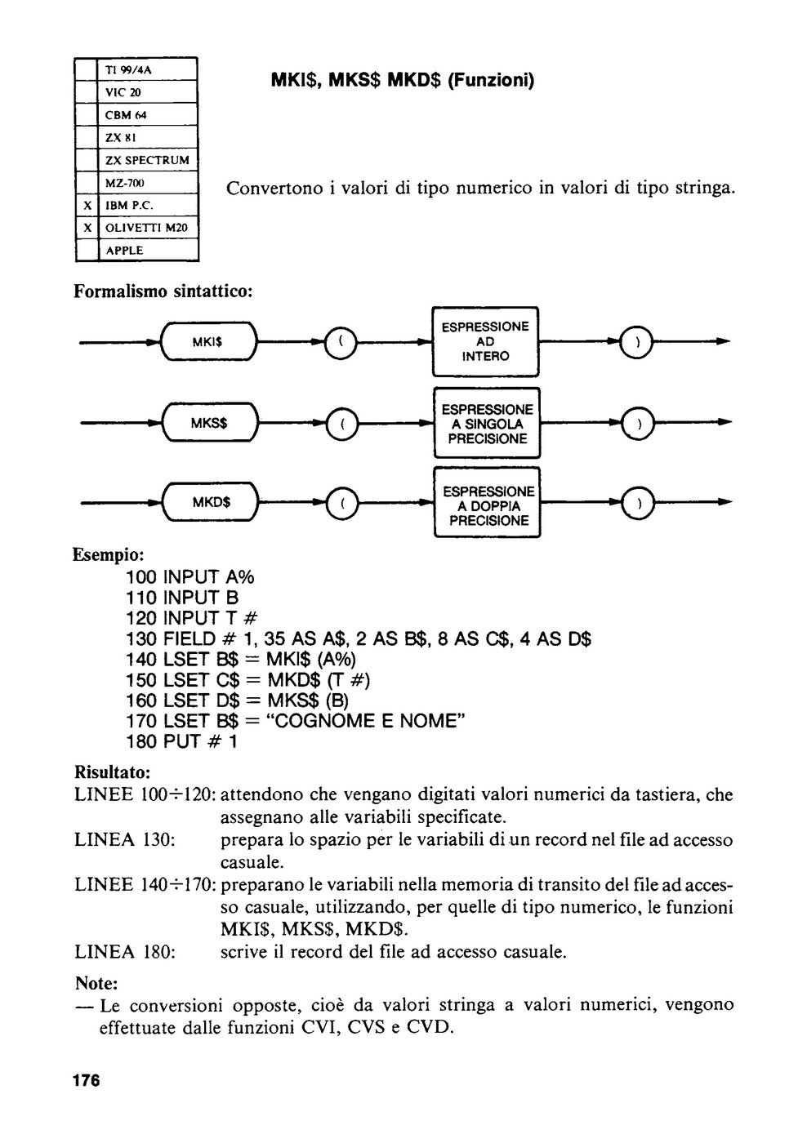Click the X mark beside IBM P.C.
tap(87, 206)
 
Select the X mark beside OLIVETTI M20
tap(87, 228)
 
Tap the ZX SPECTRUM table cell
tap(148, 160)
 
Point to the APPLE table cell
tap(148, 251)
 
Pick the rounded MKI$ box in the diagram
tap(209, 342)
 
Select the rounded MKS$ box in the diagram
tap(210, 422)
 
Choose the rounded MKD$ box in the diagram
tap(211, 502)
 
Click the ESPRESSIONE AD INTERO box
tap(485, 341)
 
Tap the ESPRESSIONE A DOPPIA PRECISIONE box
tap(487, 503)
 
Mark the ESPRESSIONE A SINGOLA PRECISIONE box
tap(487, 423)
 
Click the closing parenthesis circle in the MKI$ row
tap(636, 342)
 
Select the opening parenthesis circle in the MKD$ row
tap(342, 503)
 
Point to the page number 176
tap(87, 1081)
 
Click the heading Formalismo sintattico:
tap(163, 291)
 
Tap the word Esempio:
tap(109, 554)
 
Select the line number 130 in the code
tap(141, 638)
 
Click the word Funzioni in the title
tap(490, 80)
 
